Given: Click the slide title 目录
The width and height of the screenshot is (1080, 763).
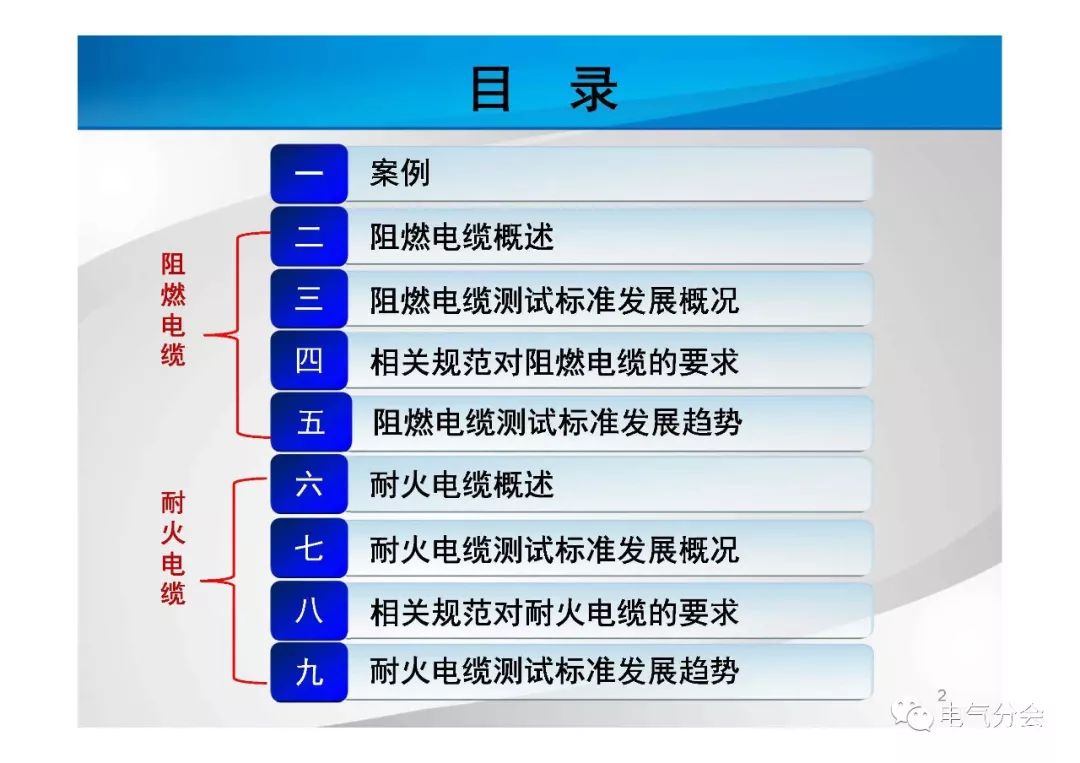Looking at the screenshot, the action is point(543,89).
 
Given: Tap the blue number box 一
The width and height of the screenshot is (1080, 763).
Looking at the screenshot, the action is point(309,174).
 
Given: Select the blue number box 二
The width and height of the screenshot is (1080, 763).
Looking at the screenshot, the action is point(309,237).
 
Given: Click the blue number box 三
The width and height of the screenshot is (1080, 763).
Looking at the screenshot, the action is point(309,299).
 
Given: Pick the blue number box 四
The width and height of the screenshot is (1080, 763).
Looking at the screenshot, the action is point(309,361).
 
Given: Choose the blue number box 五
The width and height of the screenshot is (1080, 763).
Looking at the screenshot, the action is point(311,422).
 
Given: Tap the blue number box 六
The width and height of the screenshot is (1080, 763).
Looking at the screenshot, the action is point(309,485).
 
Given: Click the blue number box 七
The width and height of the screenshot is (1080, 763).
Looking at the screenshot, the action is point(309,548).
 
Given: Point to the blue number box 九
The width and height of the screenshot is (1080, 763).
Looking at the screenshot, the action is point(309,672).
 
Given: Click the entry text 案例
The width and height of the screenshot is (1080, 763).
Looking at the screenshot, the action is point(400,173).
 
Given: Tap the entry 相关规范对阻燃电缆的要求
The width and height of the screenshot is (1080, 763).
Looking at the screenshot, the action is point(554,362).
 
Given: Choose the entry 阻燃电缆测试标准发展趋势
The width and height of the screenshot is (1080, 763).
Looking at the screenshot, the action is point(557,423).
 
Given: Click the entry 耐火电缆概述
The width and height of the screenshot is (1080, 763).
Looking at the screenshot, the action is point(461,485).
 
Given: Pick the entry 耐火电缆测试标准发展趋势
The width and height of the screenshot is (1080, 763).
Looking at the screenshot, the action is point(554,671).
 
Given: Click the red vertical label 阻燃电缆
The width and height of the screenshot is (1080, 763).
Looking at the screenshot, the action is point(173,310).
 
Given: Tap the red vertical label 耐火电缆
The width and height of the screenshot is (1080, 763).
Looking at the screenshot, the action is point(173,548).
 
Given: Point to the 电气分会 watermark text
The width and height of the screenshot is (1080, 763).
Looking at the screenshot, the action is point(993,715).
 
